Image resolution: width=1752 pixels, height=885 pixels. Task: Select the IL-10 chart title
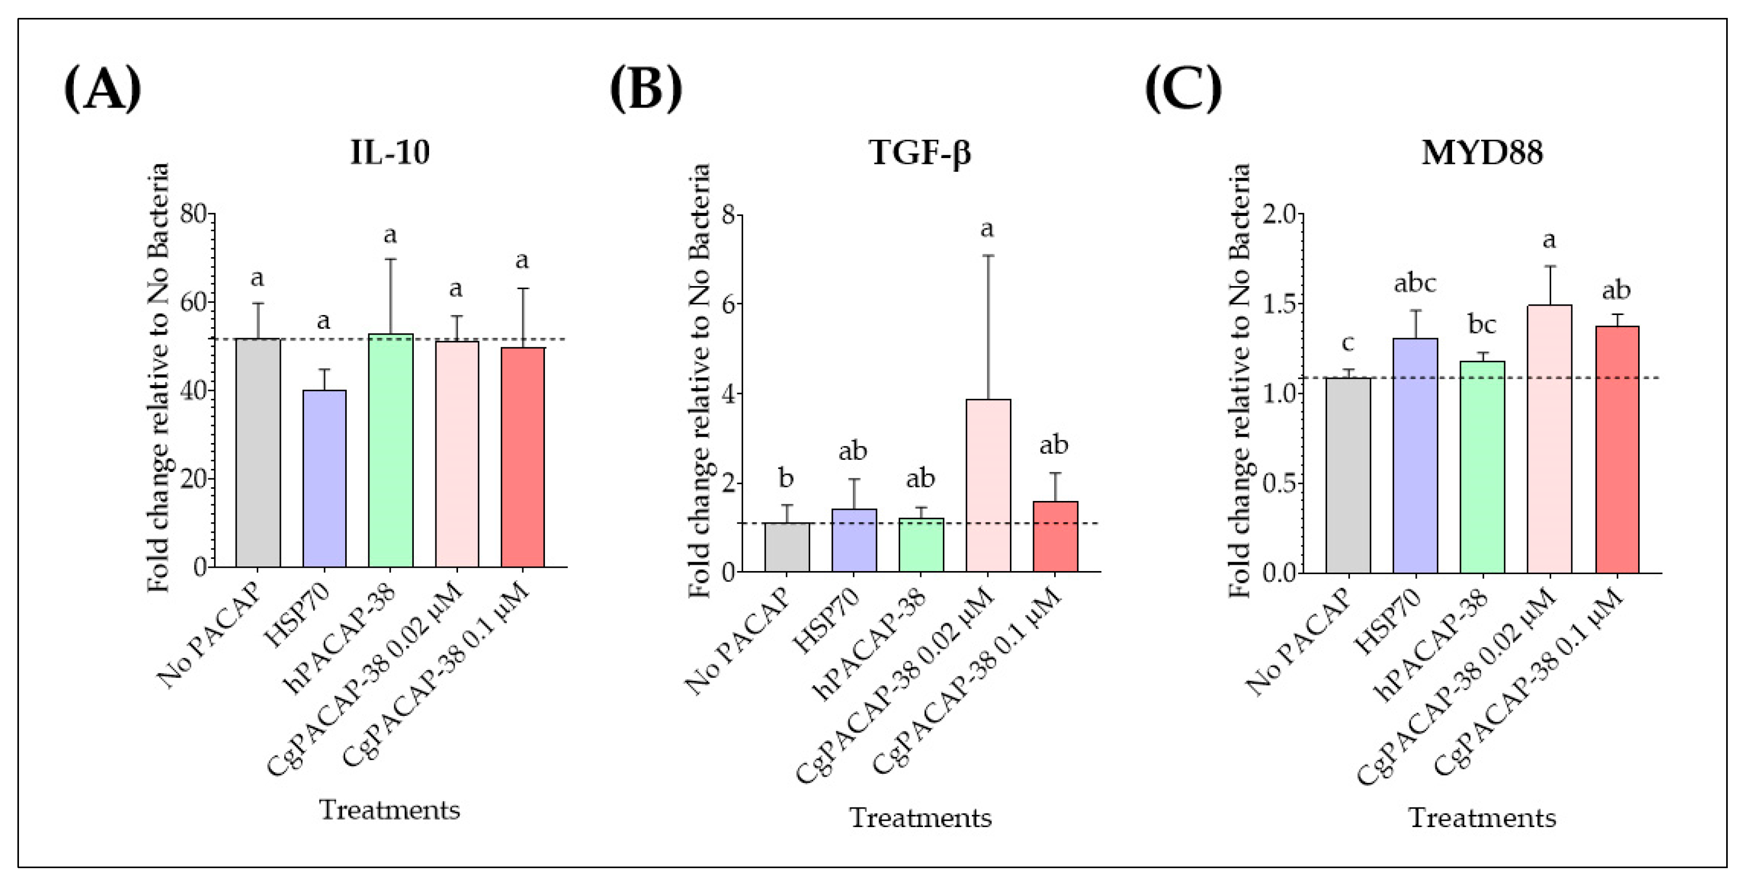coord(390,152)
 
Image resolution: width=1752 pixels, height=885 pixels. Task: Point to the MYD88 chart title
coord(1482,152)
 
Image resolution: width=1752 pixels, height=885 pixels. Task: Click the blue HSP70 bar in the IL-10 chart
coord(325,478)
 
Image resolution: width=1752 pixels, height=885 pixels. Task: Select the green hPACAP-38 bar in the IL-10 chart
coord(391,450)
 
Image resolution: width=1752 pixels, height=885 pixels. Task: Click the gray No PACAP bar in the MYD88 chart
coord(1348,476)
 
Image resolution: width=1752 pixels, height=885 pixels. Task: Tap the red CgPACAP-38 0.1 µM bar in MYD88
coord(1617,450)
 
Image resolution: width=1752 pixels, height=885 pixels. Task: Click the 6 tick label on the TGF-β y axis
coord(728,304)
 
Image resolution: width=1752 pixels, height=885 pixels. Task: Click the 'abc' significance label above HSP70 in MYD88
coord(1415,283)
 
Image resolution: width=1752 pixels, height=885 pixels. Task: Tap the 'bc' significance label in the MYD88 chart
coord(1483,324)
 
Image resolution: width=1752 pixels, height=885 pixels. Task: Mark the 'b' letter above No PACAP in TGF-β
coord(786,478)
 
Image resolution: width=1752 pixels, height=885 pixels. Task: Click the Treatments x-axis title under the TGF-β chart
coord(920,818)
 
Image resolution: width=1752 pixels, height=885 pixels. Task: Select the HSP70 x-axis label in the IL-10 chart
coord(297,616)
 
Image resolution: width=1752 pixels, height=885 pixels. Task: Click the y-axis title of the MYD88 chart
coord(1240,381)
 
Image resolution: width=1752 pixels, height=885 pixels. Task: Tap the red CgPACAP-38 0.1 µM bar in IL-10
coord(523,457)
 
